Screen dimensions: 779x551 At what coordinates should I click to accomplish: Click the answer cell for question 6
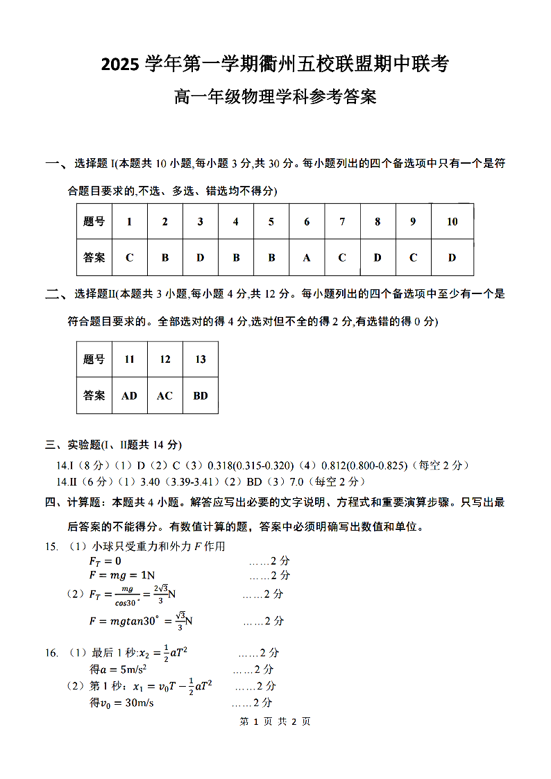coord(307,257)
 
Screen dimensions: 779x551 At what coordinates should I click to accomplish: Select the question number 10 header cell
coord(452,222)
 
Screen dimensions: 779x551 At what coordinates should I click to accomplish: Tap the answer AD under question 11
coord(129,395)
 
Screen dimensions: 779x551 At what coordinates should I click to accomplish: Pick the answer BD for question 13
coord(201,395)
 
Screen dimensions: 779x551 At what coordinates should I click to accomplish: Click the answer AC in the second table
coord(164,395)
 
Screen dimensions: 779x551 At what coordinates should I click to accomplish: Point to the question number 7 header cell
coord(342,222)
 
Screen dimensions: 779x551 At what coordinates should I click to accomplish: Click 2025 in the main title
coord(121,65)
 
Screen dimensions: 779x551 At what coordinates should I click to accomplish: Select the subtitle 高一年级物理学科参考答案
coord(275,97)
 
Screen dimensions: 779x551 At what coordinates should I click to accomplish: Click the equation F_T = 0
coord(105,560)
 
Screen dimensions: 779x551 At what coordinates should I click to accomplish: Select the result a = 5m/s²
coord(117,669)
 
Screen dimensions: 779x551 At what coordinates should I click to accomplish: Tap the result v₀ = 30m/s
coord(121,703)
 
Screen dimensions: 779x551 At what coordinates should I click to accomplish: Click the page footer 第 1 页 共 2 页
coord(275,721)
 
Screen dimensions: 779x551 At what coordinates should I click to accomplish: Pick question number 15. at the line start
coord(51,547)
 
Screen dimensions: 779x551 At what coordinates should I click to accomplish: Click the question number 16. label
coord(51,653)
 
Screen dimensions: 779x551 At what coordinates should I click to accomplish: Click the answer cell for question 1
coord(129,257)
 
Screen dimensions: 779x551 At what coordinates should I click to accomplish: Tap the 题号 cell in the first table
coord(94,222)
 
